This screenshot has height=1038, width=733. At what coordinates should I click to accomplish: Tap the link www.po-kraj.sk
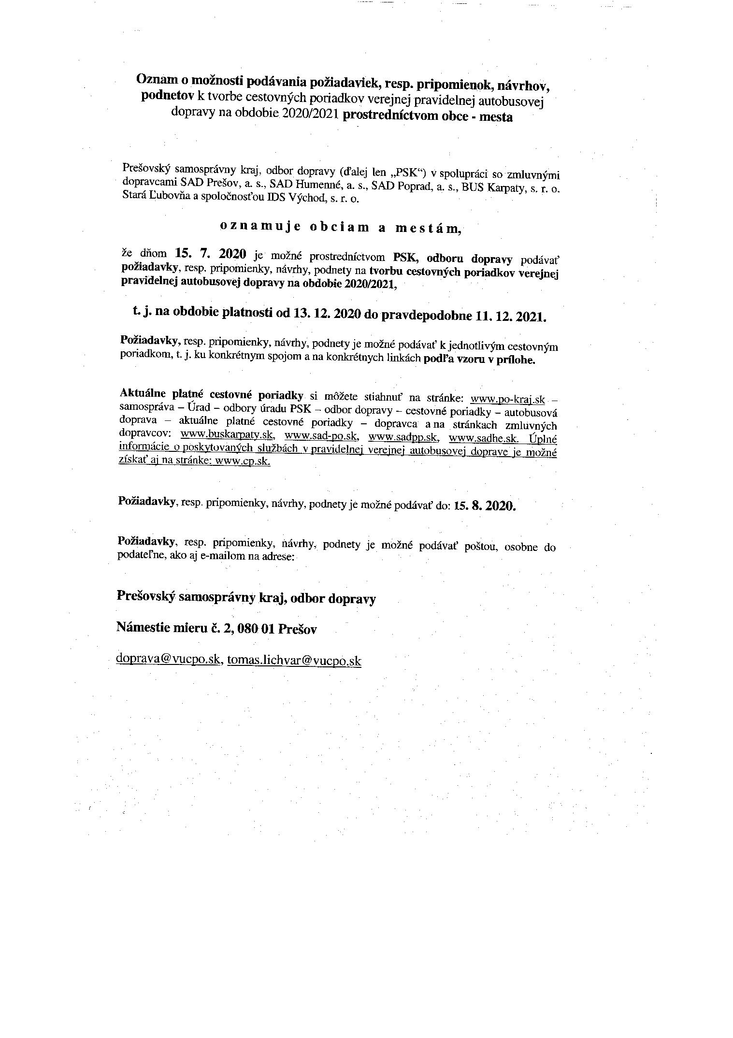coord(507,399)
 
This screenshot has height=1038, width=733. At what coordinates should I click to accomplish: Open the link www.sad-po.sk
coord(321,436)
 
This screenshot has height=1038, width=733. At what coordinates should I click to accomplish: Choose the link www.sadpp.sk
coord(403,437)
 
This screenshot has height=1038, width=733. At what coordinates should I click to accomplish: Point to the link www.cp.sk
coord(243,461)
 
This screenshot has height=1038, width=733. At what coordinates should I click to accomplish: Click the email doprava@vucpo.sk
coord(169,659)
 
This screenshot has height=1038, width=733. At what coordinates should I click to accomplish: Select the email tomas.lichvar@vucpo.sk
coord(294,660)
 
